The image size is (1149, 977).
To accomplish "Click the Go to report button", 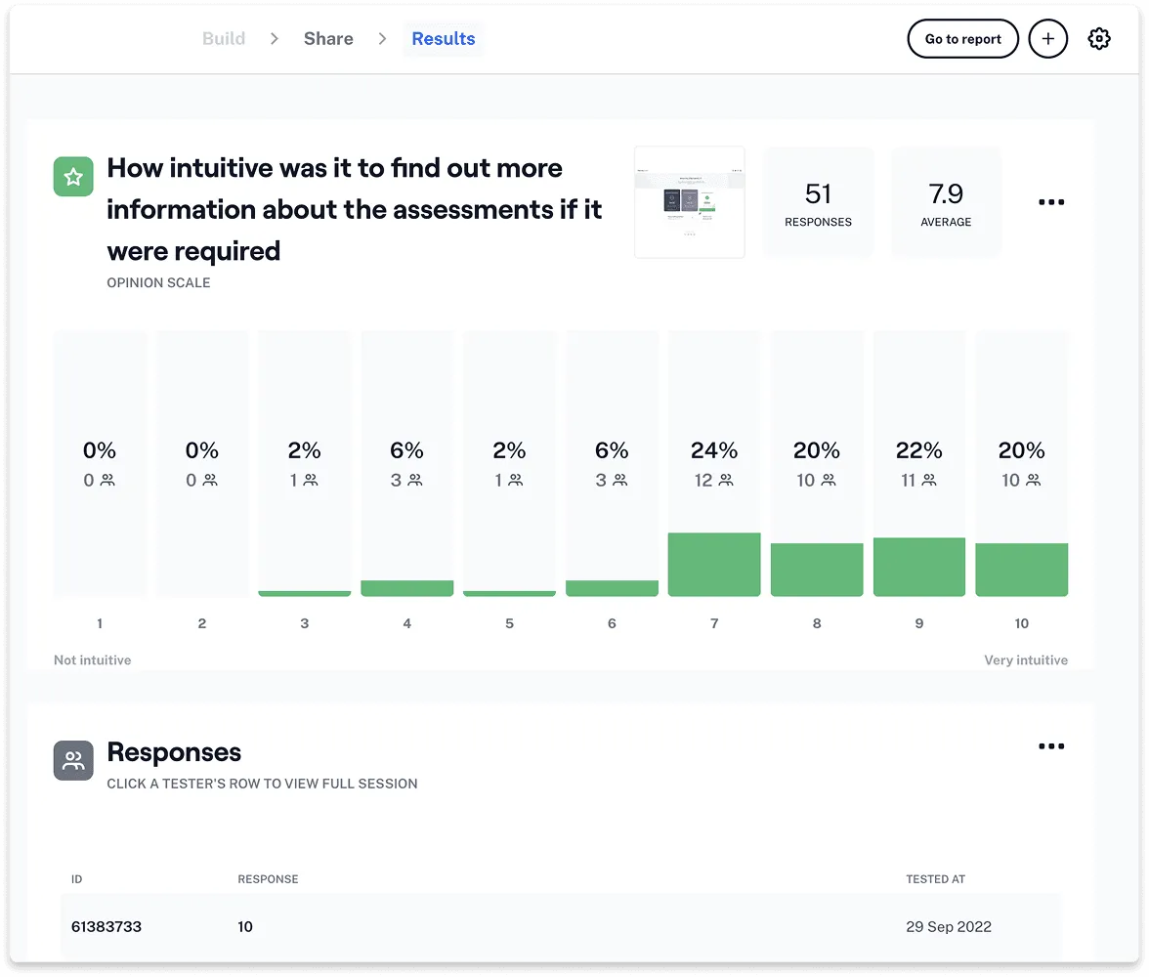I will (x=962, y=39).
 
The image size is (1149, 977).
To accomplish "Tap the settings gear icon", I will (x=1099, y=39).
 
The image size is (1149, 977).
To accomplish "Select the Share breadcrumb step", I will (x=328, y=39).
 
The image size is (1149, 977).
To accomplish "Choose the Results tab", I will (x=443, y=39).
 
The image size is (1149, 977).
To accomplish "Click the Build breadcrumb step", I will (x=224, y=39).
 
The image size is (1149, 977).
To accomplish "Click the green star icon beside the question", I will (x=73, y=177).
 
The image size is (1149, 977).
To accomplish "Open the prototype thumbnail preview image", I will (x=690, y=202).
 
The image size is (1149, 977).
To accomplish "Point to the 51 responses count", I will (x=818, y=193).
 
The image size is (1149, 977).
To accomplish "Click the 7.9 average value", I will (x=946, y=193).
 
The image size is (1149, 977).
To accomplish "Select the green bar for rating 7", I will (x=714, y=565).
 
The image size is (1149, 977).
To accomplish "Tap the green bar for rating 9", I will (x=919, y=567).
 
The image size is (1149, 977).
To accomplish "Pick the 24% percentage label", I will (x=714, y=450).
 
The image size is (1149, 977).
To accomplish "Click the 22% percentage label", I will (x=919, y=450).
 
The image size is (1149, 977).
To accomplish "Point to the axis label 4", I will (x=406, y=623).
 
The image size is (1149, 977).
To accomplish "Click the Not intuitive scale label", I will (x=92, y=660).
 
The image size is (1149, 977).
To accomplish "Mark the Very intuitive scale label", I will (x=1026, y=660).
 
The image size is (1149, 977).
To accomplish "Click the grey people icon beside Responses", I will (x=73, y=761).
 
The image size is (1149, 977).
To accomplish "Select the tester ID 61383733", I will (x=106, y=926).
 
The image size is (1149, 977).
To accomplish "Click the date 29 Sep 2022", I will (x=949, y=926).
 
